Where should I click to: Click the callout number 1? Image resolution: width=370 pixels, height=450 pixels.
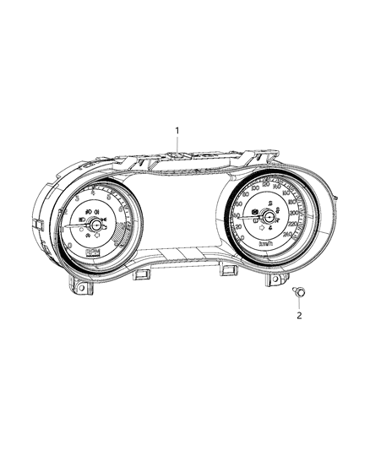pyautogui.click(x=177, y=130)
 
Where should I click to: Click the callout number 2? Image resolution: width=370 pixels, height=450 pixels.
pyautogui.click(x=297, y=316)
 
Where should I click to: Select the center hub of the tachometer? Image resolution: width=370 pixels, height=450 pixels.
pyautogui.click(x=97, y=225)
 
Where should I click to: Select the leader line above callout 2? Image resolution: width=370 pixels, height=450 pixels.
pyautogui.click(x=298, y=302)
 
